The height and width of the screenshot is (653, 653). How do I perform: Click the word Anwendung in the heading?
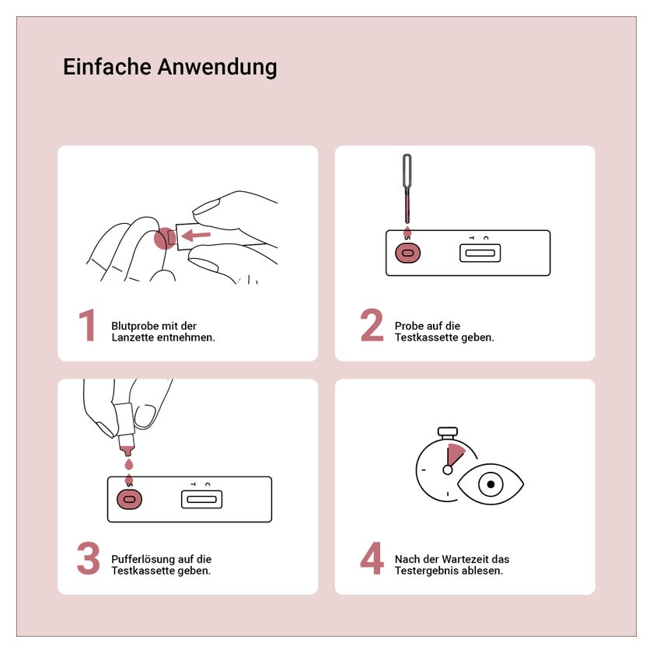tap(217, 68)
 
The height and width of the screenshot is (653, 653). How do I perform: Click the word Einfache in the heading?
tap(107, 67)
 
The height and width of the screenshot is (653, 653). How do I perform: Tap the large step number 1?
tap(87, 325)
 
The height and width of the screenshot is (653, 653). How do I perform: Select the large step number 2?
tap(372, 325)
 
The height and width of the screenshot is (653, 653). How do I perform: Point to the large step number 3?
tap(89, 558)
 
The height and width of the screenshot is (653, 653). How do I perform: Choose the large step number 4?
tap(372, 558)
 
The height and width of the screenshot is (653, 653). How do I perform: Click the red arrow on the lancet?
tap(196, 236)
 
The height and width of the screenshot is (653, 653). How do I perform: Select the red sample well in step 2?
tap(407, 253)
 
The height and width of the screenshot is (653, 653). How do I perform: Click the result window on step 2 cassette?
tap(480, 253)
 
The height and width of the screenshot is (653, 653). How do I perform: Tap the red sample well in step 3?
tap(130, 499)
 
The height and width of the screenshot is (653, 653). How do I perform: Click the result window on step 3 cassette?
tap(202, 499)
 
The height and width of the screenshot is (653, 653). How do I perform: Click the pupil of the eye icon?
tap(491, 484)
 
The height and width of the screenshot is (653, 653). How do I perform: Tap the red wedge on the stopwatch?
tap(455, 455)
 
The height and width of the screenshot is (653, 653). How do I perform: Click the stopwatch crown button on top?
tap(448, 432)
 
